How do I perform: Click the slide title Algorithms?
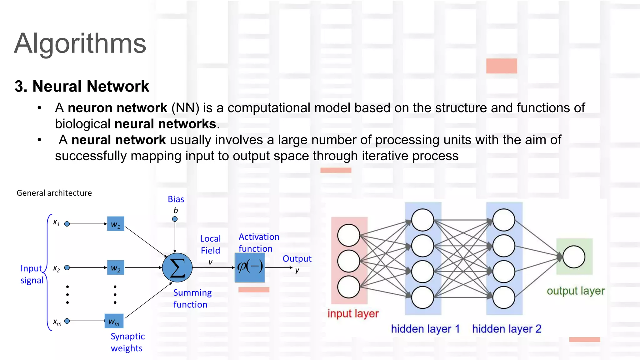tap(80, 43)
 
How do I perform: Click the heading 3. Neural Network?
tap(82, 86)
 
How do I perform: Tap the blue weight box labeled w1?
tap(116, 224)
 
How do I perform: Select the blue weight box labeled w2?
tap(116, 267)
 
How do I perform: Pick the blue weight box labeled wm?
tap(114, 321)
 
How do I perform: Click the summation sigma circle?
tap(177, 268)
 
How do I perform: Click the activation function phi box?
tap(250, 267)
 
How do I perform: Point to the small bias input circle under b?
tap(175, 219)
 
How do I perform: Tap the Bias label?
tap(176, 199)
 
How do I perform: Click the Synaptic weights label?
tap(127, 342)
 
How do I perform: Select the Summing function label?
tap(192, 298)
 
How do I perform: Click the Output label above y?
tap(297, 259)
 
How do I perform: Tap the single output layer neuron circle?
tap(574, 257)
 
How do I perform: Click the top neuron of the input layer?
tap(349, 235)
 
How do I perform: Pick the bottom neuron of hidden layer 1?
tap(422, 297)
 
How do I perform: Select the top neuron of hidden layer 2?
tap(504, 220)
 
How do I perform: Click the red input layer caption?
tap(353, 313)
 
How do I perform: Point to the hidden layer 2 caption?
tap(507, 329)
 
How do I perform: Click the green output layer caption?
tap(576, 291)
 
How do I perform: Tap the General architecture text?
tap(54, 193)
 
